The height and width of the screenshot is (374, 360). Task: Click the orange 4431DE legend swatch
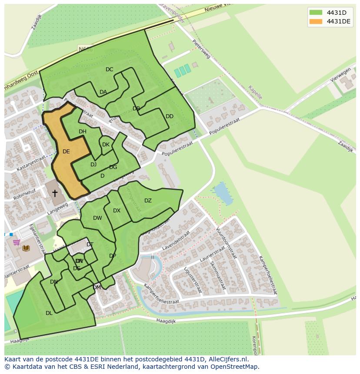tap(316, 22)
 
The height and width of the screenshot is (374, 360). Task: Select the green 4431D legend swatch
tap(316, 13)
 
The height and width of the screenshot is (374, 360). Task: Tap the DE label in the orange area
tap(66, 152)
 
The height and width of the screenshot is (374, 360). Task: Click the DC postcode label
tap(109, 70)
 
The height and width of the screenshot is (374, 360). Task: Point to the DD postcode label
tap(170, 116)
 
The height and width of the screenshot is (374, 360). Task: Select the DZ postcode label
tap(148, 201)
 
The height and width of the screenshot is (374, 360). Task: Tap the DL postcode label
tap(49, 313)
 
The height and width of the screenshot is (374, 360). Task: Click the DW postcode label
tap(97, 218)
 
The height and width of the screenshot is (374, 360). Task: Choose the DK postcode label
tap(106, 145)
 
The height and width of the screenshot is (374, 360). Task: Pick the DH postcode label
tap(83, 132)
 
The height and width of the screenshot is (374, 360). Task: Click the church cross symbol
tap(55, 193)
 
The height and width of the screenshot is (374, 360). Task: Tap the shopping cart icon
tap(17, 242)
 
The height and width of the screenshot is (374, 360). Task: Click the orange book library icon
tap(26, 248)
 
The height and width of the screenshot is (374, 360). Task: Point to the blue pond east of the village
tap(222, 194)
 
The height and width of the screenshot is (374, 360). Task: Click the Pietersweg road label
tap(201, 50)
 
